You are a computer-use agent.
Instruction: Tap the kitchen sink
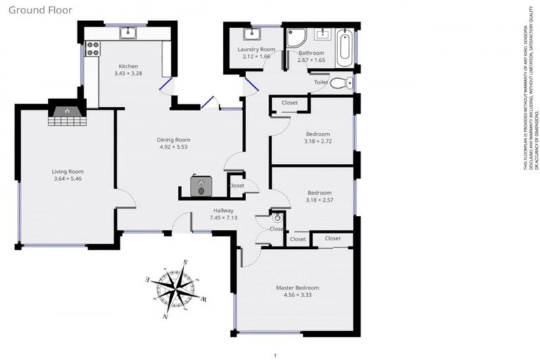point(128,32)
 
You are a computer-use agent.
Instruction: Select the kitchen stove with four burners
point(92,49)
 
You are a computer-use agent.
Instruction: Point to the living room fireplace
point(67,113)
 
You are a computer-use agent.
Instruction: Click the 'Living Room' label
point(67,171)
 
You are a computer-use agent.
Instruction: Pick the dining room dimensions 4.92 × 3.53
point(174,147)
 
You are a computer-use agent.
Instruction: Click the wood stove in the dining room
point(202,186)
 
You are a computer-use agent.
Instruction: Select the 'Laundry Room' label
point(256,49)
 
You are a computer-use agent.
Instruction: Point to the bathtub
point(345,46)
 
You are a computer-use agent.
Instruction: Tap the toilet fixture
point(340,84)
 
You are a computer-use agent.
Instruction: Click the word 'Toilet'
point(321,82)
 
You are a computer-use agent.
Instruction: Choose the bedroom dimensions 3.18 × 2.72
point(319,141)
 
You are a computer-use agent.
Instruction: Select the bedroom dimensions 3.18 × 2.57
point(319,200)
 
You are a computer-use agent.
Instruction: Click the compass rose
point(175,289)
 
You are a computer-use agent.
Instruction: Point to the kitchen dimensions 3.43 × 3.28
point(129,73)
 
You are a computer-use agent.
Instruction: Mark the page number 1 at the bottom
point(275,356)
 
